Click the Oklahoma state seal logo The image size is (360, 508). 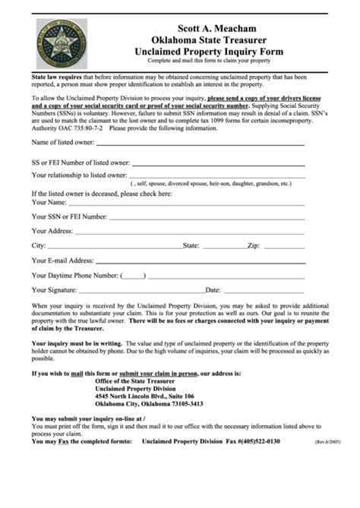(x=61, y=43)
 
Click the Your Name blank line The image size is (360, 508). (x=187, y=204)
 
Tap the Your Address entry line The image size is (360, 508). (x=190, y=232)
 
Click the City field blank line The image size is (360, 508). (x=115, y=246)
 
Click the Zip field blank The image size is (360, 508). (x=284, y=246)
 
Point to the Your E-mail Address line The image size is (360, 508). (x=201, y=260)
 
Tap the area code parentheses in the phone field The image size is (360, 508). (x=133, y=275)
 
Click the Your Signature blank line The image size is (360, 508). (x=141, y=289)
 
